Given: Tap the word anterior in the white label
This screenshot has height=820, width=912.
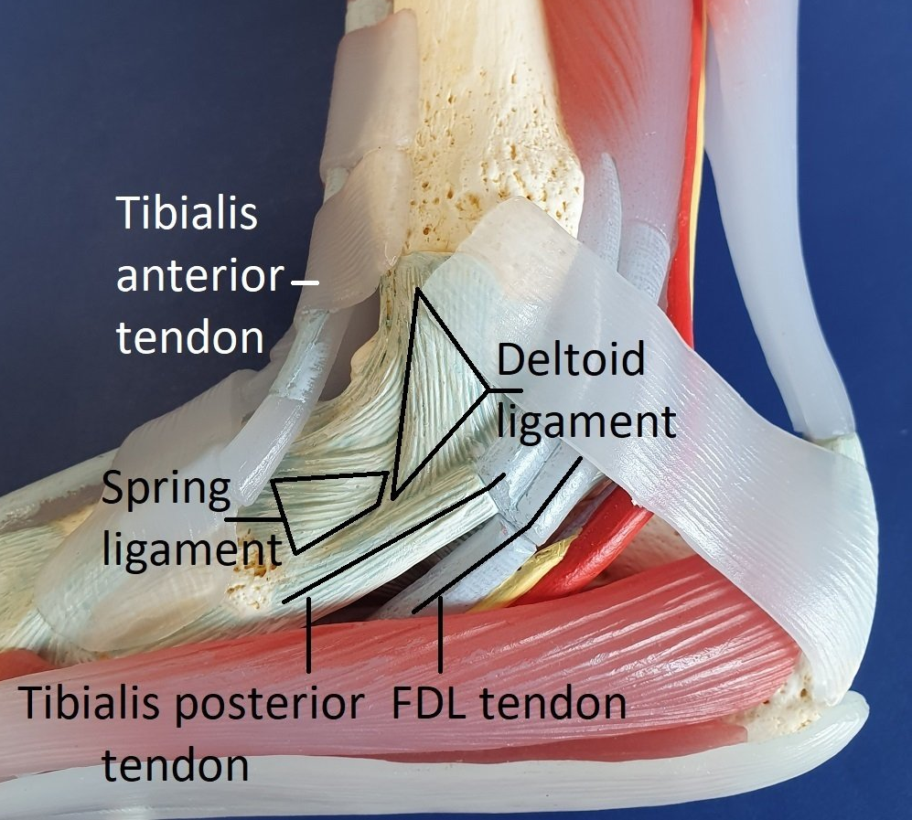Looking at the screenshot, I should point(198,276).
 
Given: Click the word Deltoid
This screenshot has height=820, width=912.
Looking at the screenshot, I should point(570,362).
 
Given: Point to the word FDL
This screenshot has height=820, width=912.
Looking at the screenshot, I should point(428,704).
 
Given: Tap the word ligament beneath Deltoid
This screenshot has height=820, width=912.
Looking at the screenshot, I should point(585,422).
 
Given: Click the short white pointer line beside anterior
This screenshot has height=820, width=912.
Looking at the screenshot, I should point(305,282).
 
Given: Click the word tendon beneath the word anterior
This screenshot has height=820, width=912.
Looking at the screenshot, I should point(190,337).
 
